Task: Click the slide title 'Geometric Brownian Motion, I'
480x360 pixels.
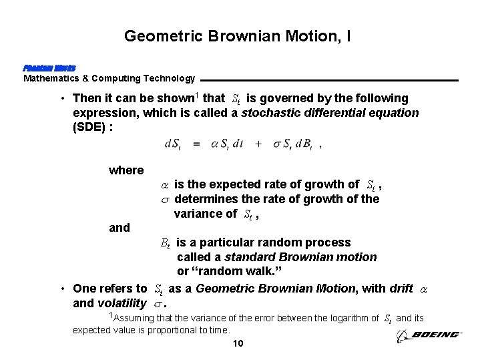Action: click(x=237, y=35)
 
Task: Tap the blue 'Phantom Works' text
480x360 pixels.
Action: click(x=49, y=68)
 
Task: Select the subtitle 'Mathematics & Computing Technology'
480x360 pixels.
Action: click(x=109, y=78)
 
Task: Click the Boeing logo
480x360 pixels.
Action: click(x=428, y=336)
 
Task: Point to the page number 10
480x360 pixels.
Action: click(x=239, y=344)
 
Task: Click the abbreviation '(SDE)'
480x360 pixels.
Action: click(x=93, y=128)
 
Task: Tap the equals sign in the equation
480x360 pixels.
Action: click(x=196, y=144)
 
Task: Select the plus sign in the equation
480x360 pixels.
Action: click(x=258, y=144)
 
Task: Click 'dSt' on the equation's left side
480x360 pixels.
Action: click(x=172, y=144)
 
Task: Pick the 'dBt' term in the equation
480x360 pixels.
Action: click(x=306, y=144)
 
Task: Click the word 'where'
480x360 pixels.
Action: click(x=126, y=170)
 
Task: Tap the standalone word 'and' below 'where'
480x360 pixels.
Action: click(x=119, y=228)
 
